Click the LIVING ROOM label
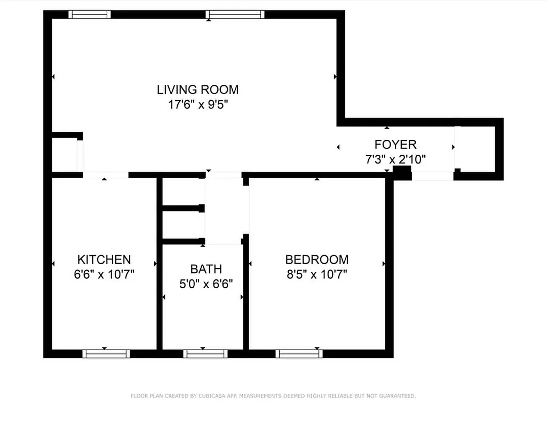(197, 89)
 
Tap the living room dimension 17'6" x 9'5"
(198, 105)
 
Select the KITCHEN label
(104, 260)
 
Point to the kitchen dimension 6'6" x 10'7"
(104, 274)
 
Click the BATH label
(206, 269)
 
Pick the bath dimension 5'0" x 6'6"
(206, 283)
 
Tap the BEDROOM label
(317, 260)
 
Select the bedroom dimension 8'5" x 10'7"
(317, 274)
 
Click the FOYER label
(395, 144)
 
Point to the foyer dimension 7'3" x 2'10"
(395, 159)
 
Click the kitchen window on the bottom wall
(107, 353)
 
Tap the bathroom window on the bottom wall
(205, 353)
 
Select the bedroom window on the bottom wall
(299, 353)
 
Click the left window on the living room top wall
(90, 14)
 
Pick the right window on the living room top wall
(235, 14)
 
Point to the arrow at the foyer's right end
(453, 147)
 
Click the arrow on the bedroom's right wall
(384, 264)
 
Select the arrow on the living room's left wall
(53, 77)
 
